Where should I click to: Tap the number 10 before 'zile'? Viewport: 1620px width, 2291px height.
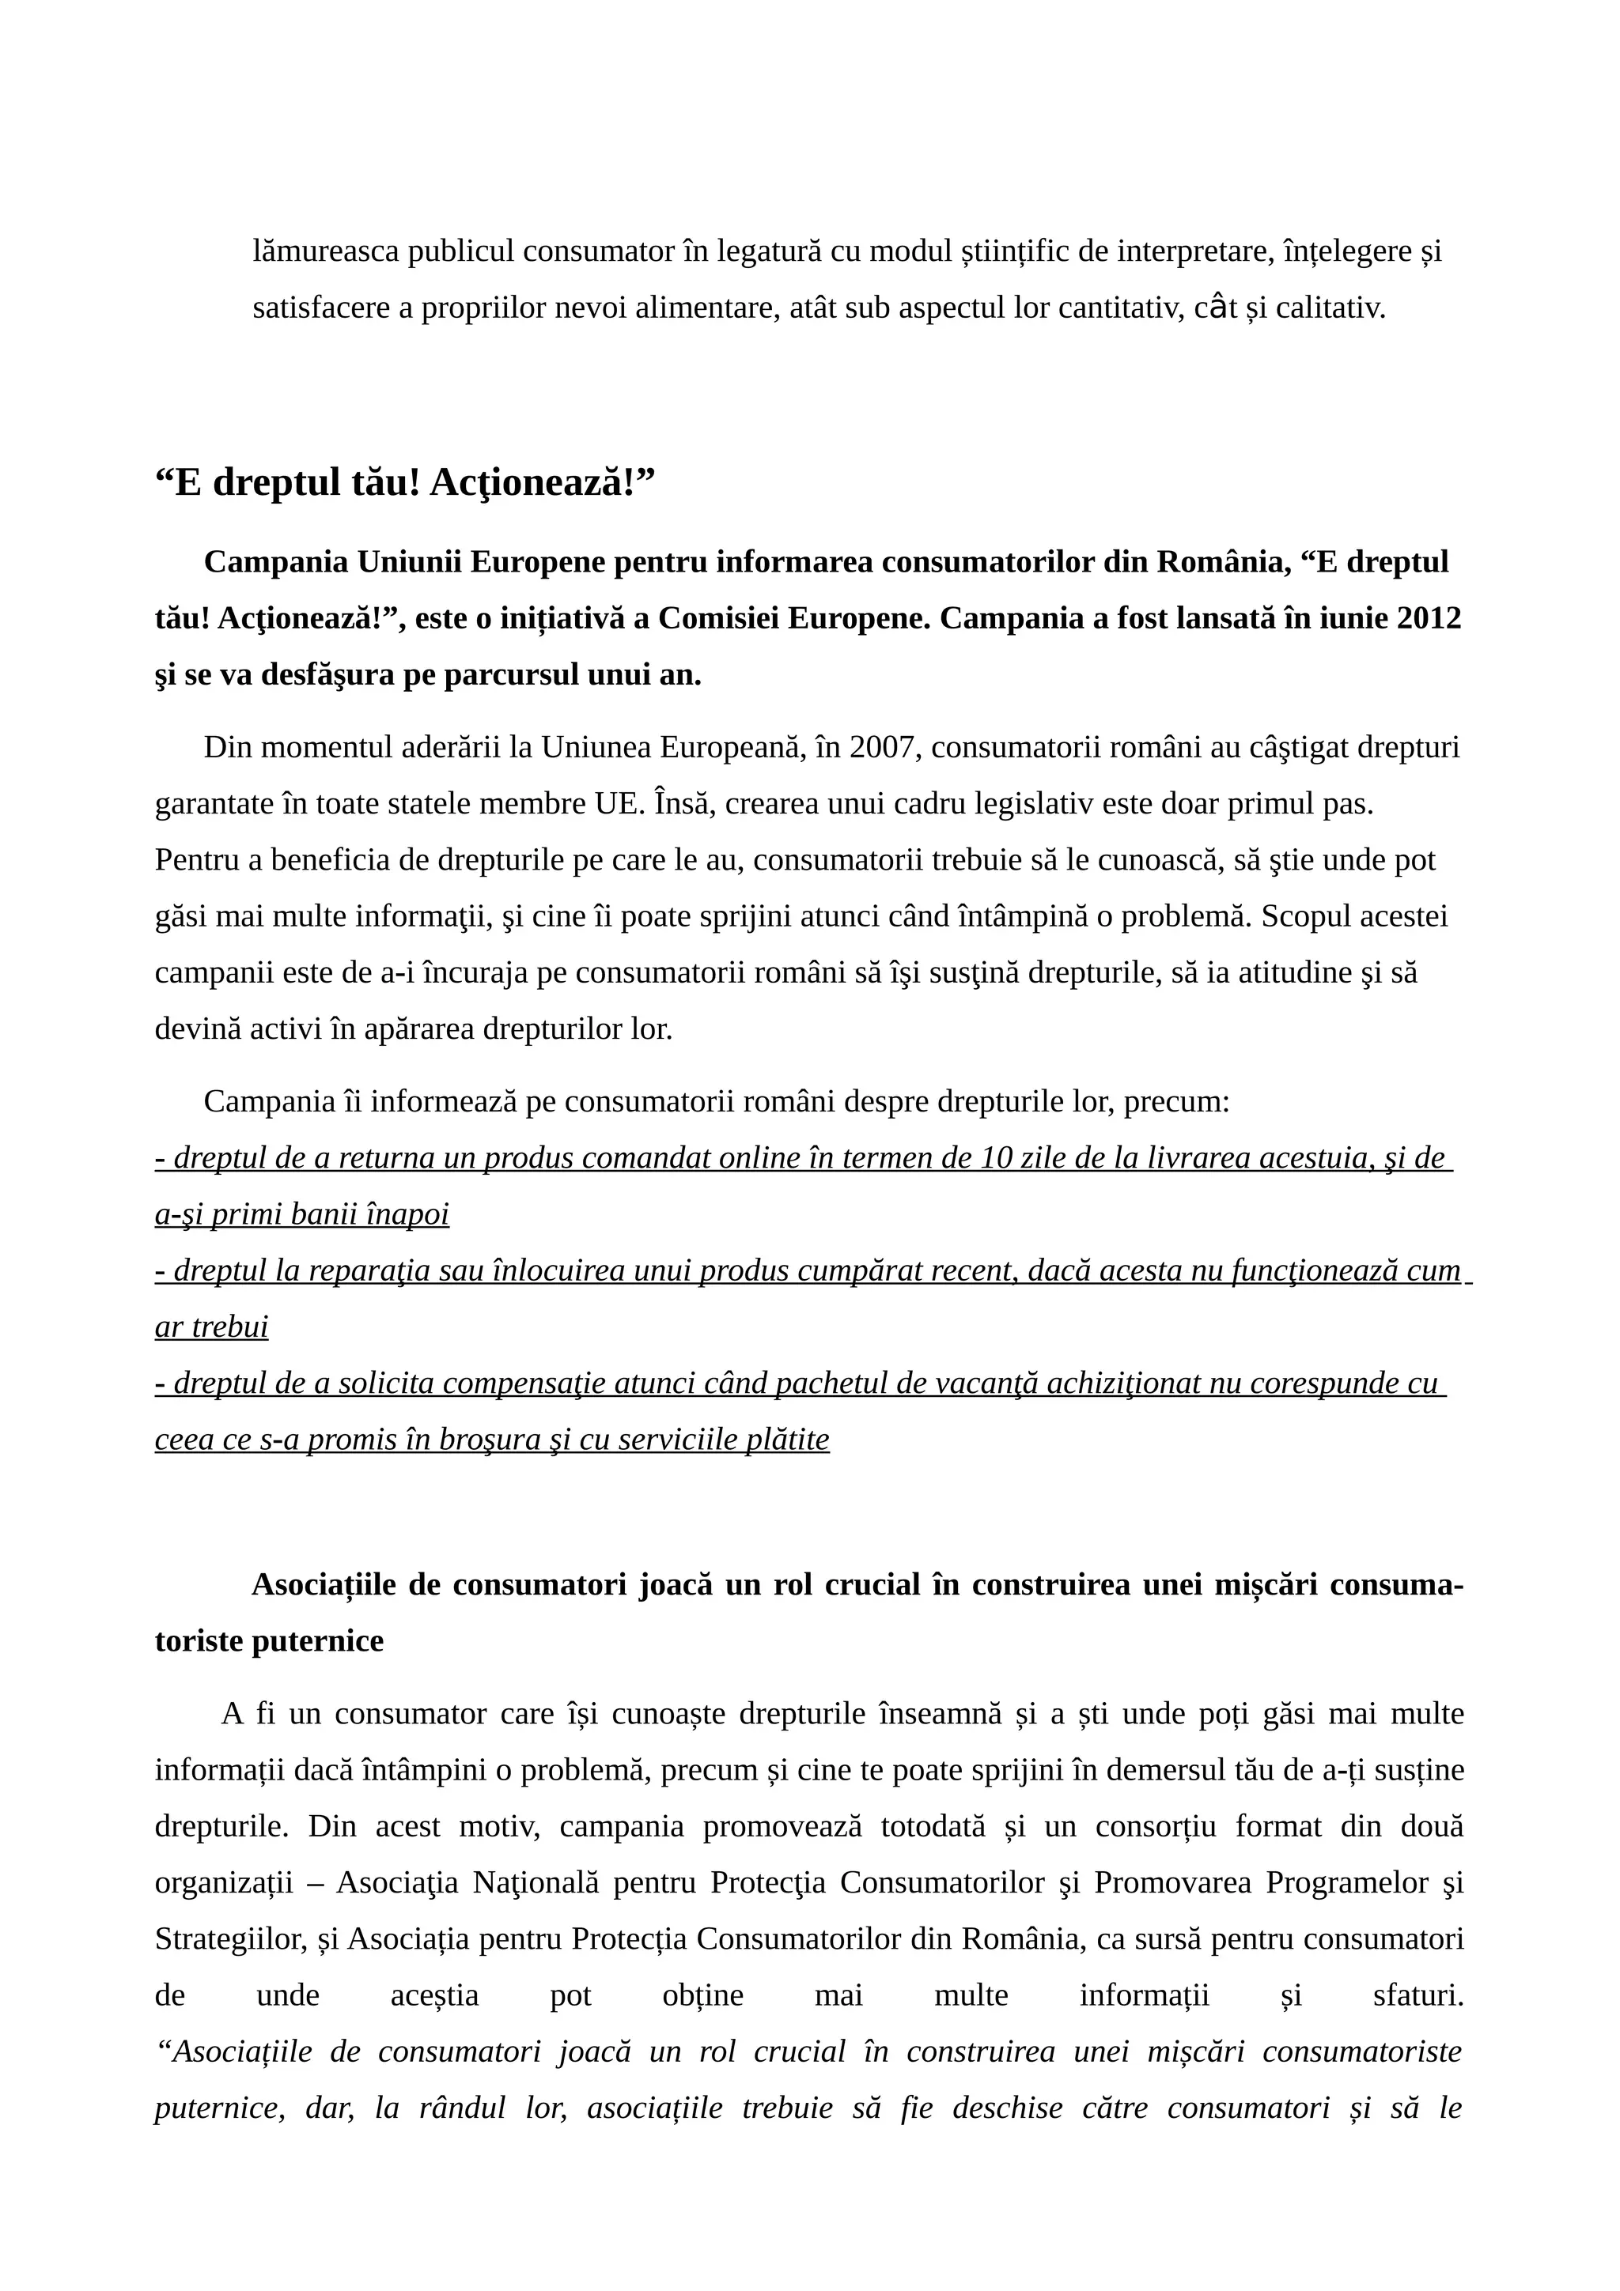pos(997,1157)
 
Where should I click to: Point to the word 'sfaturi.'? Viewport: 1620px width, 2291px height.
pos(1417,1995)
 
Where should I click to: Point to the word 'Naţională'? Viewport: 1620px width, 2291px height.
pos(536,1883)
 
